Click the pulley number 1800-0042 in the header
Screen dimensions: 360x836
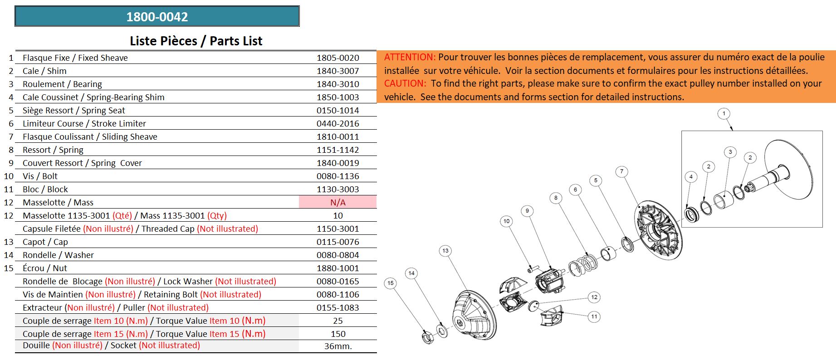pos(157,17)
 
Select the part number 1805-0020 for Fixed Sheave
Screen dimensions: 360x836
pos(337,58)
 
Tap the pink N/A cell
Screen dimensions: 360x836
pos(337,202)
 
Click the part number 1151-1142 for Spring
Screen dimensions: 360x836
pos(337,150)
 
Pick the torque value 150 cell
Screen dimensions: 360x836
pos(337,334)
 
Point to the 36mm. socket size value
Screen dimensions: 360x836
pos(338,346)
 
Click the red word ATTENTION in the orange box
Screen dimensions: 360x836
pos(410,57)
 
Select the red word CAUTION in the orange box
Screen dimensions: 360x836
pos(405,83)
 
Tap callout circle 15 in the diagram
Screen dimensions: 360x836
pos(391,283)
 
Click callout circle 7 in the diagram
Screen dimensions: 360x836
pos(622,171)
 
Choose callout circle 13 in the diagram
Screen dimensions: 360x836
pos(445,251)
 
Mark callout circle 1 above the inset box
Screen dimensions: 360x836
pos(724,113)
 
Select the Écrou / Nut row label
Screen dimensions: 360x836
pos(44,268)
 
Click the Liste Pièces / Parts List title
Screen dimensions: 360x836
pos(196,41)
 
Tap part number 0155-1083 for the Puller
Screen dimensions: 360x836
pos(337,307)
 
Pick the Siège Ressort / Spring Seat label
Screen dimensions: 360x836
pos(73,110)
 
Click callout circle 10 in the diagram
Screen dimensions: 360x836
pos(507,221)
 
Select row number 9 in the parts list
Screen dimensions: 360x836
pos(11,163)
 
